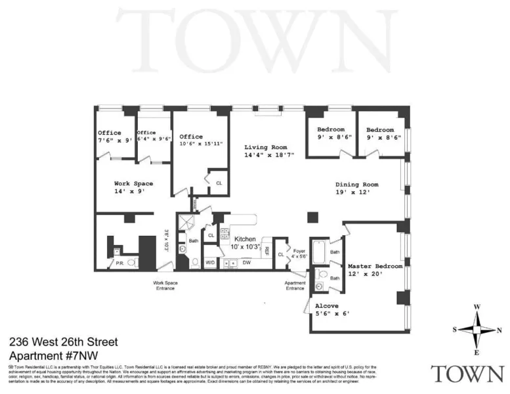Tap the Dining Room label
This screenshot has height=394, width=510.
357,185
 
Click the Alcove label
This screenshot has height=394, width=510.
327,306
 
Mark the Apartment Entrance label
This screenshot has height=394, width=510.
295,286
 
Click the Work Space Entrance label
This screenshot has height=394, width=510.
165,286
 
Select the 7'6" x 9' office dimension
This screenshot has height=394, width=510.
115,141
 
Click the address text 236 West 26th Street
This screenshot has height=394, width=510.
64,342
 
